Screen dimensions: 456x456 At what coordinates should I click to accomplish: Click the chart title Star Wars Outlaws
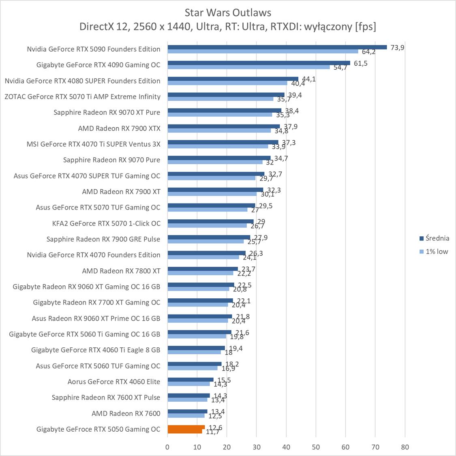click(x=228, y=13)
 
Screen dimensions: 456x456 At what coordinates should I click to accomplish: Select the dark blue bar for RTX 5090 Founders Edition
click(x=277, y=47)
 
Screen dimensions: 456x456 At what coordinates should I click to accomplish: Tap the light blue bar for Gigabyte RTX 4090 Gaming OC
click(x=248, y=67)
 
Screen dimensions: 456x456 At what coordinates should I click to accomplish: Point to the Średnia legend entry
click(x=437, y=238)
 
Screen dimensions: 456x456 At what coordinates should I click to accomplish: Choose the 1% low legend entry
click(x=437, y=252)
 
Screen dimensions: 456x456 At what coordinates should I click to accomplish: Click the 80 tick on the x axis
click(x=405, y=447)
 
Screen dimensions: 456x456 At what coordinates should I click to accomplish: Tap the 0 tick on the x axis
click(x=167, y=447)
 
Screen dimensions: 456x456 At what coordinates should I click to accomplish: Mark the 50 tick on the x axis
click(x=316, y=447)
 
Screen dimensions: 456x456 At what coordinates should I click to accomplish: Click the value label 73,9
click(x=398, y=47)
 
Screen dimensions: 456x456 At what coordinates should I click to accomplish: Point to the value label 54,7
click(x=340, y=68)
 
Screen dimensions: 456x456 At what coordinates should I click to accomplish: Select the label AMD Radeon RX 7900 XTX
click(x=119, y=128)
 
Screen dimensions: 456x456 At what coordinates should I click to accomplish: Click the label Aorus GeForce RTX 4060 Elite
click(x=114, y=382)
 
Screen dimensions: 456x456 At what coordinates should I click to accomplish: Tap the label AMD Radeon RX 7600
click(x=126, y=413)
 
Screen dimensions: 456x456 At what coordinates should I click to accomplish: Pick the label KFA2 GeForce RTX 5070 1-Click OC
click(x=106, y=223)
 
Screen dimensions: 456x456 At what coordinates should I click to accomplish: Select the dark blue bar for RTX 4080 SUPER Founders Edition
click(x=233, y=79)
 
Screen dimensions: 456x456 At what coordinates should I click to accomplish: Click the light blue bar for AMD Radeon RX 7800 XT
click(x=200, y=273)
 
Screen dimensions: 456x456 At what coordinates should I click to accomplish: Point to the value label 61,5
click(x=360, y=63)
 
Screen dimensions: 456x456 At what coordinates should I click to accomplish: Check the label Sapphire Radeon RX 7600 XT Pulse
click(x=106, y=398)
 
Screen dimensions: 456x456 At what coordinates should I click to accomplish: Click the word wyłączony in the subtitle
click(x=326, y=27)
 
